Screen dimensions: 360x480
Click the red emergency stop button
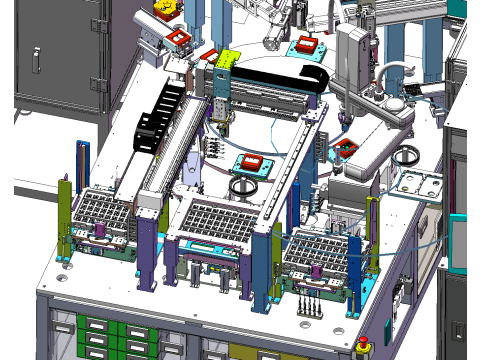pos(362,345)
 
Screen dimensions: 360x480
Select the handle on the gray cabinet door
pos(36,59)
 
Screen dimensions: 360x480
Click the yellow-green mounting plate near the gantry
pos(228,59)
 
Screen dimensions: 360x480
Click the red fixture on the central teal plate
pos(251,163)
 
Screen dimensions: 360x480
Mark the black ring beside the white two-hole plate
pos(407,157)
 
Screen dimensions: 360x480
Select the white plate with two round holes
pos(420,183)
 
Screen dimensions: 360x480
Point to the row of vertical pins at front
pos(310,304)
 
